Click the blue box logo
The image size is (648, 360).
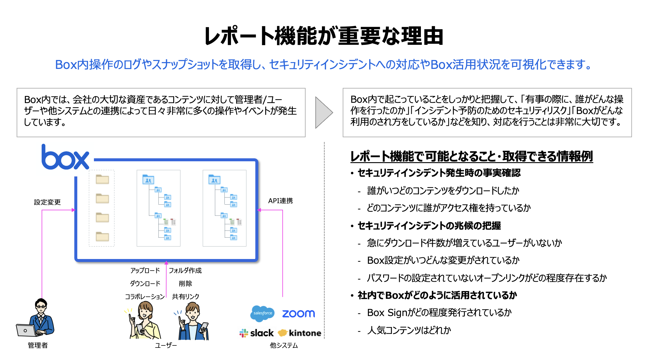pyautogui.click(x=65, y=157)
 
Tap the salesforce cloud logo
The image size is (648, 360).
pyautogui.click(x=262, y=313)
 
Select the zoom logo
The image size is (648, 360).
pyautogui.click(x=298, y=314)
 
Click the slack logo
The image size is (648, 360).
pyautogui.click(x=257, y=333)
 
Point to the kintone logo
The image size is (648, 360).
pyautogui.click(x=300, y=333)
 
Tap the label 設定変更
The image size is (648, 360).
pyautogui.click(x=47, y=202)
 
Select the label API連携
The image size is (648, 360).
pyautogui.click(x=280, y=201)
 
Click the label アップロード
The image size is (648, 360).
pyautogui.click(x=145, y=270)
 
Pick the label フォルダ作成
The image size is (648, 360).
pyautogui.click(x=185, y=270)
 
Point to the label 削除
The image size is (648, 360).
pyautogui.click(x=185, y=283)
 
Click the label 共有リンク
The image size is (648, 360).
pyautogui.click(x=185, y=296)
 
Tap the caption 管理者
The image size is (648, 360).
pyautogui.click(x=38, y=345)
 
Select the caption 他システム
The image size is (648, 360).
pyautogui.click(x=284, y=345)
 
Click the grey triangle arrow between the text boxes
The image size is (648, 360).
pyautogui.click(x=323, y=113)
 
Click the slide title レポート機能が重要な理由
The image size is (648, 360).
pyautogui.click(x=324, y=36)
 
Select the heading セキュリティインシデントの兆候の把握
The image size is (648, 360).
pyautogui.click(x=429, y=226)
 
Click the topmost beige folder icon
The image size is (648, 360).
pyautogui.click(x=102, y=179)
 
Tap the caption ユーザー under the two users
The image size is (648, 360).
pyautogui.click(x=166, y=345)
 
